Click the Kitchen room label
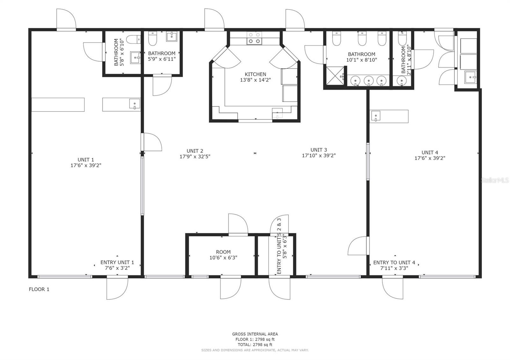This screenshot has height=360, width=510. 255,75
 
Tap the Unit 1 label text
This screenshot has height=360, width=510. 86,160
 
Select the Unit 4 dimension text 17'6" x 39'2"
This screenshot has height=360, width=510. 430,158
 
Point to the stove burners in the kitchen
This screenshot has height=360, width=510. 254,38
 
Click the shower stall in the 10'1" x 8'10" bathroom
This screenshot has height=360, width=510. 335,76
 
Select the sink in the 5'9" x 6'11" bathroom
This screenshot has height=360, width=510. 171,36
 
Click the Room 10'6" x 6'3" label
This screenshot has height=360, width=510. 223,255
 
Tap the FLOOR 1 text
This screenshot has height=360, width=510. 39,289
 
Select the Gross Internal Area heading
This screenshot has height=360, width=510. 255,334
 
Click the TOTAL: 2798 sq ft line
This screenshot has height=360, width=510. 255,345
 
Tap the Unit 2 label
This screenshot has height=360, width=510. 195,151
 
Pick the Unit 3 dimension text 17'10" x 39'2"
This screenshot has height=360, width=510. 319,156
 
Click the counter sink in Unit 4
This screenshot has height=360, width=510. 376,116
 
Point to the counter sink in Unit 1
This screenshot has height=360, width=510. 135,104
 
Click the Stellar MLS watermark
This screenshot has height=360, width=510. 494,180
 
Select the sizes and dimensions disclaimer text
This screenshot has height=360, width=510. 255,350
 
